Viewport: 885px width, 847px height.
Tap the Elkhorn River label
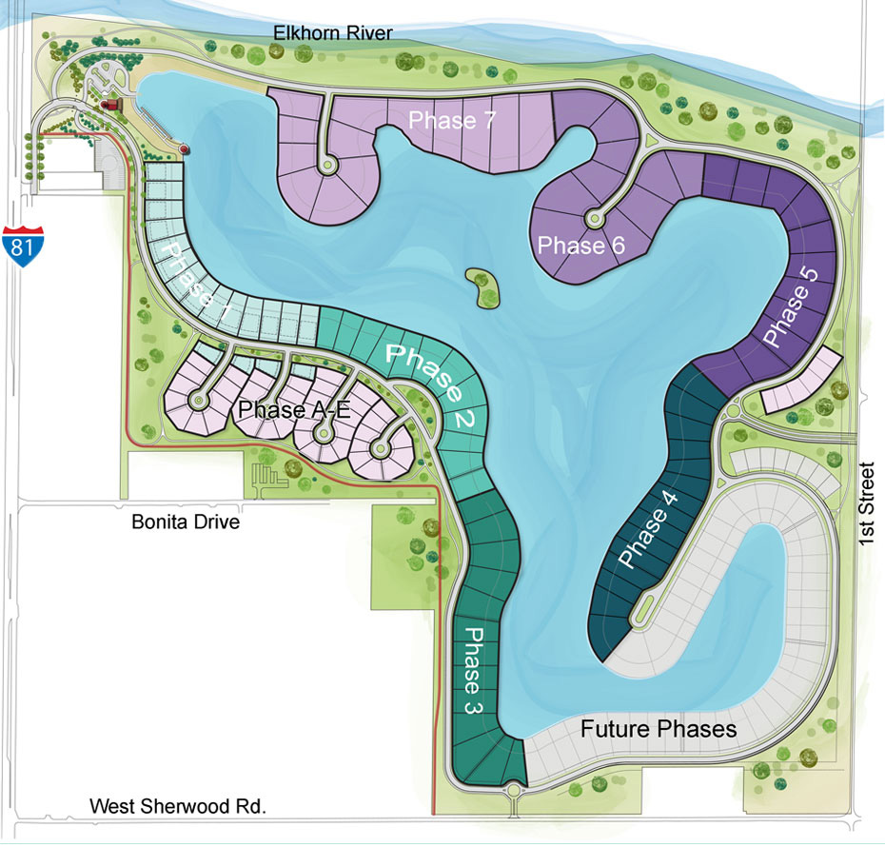click(332, 34)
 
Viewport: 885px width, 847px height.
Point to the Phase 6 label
click(581, 246)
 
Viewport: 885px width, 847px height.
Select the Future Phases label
click(659, 729)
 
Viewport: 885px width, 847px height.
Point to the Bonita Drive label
click(186, 522)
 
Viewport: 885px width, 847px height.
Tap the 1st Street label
click(865, 504)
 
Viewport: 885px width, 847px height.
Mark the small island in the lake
click(484, 287)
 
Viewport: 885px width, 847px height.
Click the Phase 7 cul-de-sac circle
click(329, 166)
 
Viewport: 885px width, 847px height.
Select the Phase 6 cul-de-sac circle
click(596, 218)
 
